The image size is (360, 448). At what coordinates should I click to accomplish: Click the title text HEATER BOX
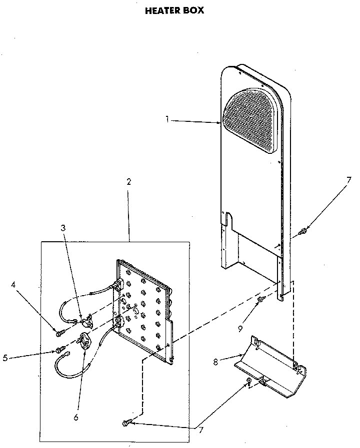tap(174, 10)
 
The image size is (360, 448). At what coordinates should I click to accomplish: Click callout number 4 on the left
tap(13, 286)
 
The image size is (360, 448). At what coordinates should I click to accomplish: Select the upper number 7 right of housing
tap(349, 180)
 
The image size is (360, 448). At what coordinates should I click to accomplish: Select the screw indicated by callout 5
tap(60, 349)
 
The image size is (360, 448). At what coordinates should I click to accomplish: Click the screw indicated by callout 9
tap(260, 299)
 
